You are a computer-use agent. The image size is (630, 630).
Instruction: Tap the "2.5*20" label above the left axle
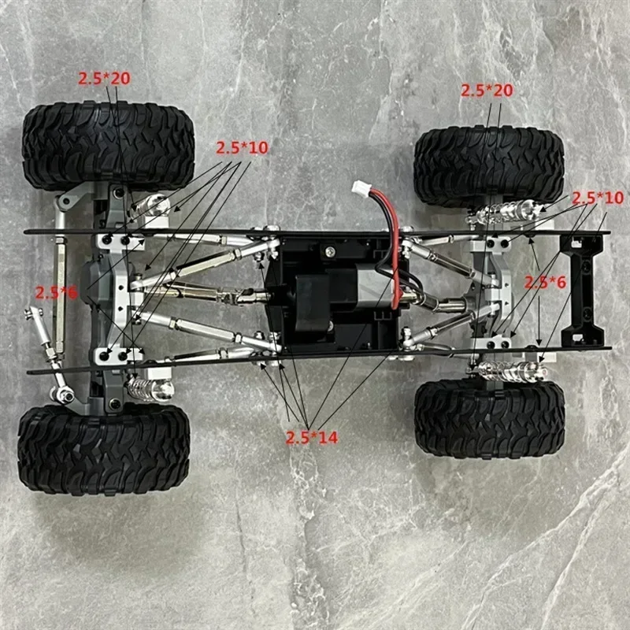(x=103, y=78)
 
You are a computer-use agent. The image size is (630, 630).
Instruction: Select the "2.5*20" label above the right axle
(x=487, y=91)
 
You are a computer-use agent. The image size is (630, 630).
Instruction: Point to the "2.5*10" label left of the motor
(x=243, y=148)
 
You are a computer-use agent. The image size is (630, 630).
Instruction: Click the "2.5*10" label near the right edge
(x=598, y=197)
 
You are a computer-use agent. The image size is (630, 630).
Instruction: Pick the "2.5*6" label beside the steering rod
(x=56, y=292)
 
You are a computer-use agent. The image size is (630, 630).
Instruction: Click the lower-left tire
(x=104, y=450)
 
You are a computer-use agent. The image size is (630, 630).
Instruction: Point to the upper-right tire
(x=488, y=166)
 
